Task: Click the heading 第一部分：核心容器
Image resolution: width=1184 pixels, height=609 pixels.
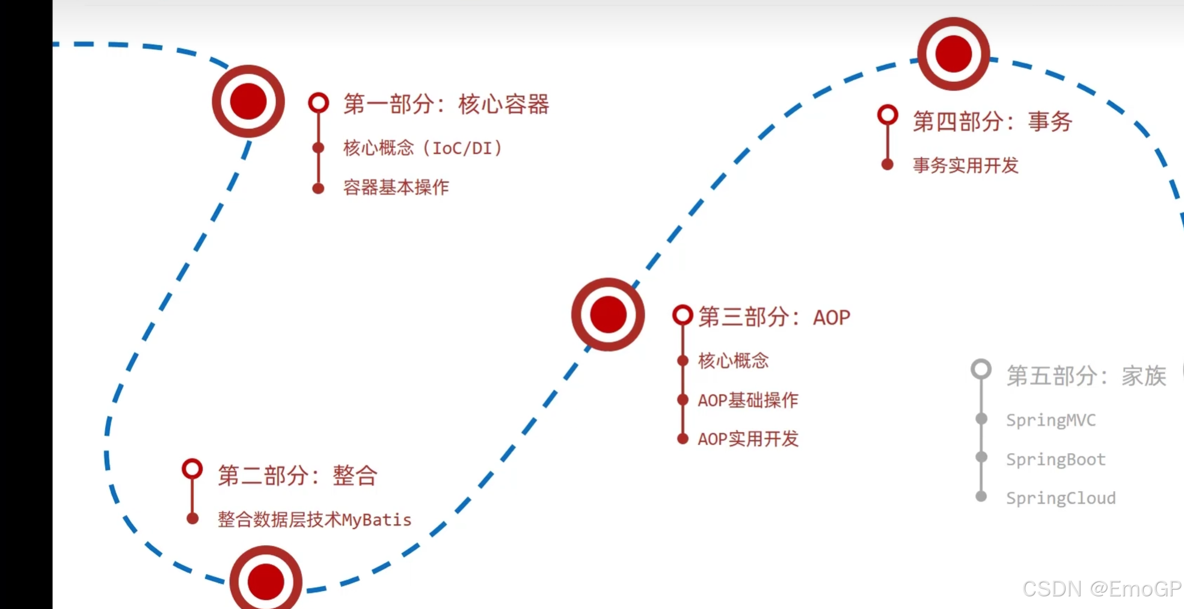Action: (x=446, y=104)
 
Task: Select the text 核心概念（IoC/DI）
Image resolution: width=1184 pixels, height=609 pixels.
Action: (x=423, y=148)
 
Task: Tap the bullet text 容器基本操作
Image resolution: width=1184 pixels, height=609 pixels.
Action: (x=396, y=187)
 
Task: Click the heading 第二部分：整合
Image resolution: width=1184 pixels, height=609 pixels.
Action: (x=297, y=475)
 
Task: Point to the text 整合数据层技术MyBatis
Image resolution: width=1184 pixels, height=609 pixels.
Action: (x=314, y=519)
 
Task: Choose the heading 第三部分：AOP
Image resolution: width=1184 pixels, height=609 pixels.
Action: (x=774, y=317)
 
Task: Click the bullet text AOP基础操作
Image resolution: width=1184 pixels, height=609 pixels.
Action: (x=747, y=400)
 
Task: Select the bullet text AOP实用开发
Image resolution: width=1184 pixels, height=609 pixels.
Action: (x=747, y=439)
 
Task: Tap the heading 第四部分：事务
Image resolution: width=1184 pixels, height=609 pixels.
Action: (x=992, y=122)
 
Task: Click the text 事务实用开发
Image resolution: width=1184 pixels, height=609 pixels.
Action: (x=965, y=165)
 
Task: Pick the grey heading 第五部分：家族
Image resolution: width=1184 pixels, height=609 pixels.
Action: (x=1086, y=376)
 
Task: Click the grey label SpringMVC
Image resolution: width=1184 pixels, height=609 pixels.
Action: (x=1051, y=420)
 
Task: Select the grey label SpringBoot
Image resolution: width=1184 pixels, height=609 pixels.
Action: (x=1055, y=459)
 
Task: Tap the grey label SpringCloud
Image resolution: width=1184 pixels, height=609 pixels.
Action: (x=1061, y=498)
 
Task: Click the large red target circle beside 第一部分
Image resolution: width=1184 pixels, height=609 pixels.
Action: (x=248, y=101)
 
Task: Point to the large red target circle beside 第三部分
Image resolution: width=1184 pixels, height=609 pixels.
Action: (x=608, y=314)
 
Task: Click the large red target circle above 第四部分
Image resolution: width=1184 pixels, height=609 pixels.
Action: (x=953, y=54)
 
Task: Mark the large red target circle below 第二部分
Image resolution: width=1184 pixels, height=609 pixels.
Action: (x=266, y=580)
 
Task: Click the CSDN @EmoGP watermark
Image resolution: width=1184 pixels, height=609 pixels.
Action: (x=1102, y=589)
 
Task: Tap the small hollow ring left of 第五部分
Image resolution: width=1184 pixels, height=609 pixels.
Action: (x=981, y=369)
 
